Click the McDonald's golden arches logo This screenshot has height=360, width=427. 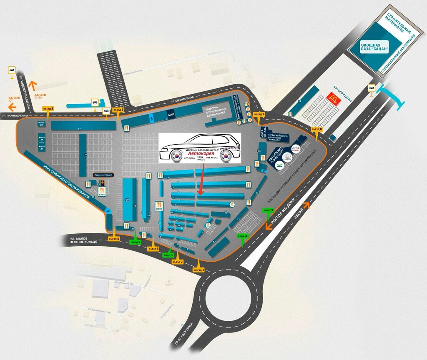333,98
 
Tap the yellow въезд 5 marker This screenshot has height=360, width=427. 48,109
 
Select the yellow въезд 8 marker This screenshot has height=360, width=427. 318,130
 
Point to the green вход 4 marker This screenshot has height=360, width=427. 242,236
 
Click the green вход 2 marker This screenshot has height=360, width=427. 136,242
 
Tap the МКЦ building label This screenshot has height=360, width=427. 171,113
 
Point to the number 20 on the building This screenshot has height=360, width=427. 127,200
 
